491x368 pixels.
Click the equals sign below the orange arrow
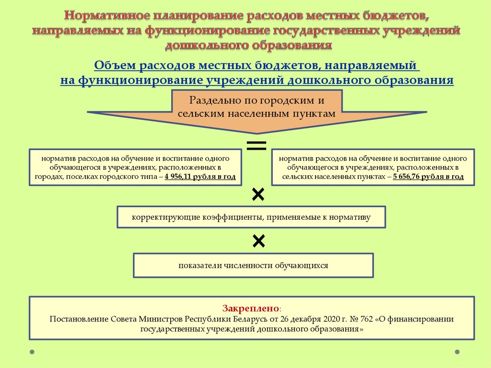tap(257, 146)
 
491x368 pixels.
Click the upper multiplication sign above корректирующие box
tap(258, 195)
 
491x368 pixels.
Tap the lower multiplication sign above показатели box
tap(258, 241)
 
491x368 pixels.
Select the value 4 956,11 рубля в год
tap(200, 177)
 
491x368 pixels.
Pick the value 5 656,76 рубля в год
tap(428, 177)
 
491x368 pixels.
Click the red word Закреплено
tap(250, 308)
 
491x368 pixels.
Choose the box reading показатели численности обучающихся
tap(253, 265)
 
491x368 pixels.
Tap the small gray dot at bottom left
tap(32, 352)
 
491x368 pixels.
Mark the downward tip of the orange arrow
tap(257, 134)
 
